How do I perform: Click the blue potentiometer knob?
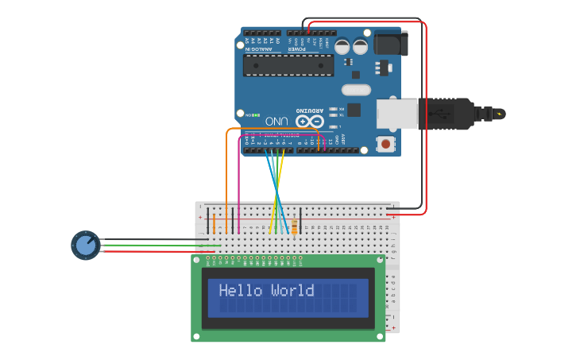pyautogui.click(x=86, y=245)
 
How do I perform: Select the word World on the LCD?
pyautogui.click(x=292, y=291)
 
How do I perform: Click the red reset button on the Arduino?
pyautogui.click(x=385, y=144)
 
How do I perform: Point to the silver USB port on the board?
pyautogui.click(x=396, y=113)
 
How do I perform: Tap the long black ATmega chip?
pyautogui.click(x=288, y=64)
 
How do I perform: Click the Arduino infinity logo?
pyautogui.click(x=309, y=122)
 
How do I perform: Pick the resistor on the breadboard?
pyautogui.click(x=296, y=226)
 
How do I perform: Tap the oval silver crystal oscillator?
pyautogui.click(x=356, y=90)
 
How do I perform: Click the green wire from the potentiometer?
pyautogui.click(x=183, y=246)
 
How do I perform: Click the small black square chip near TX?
pyautogui.click(x=354, y=110)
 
